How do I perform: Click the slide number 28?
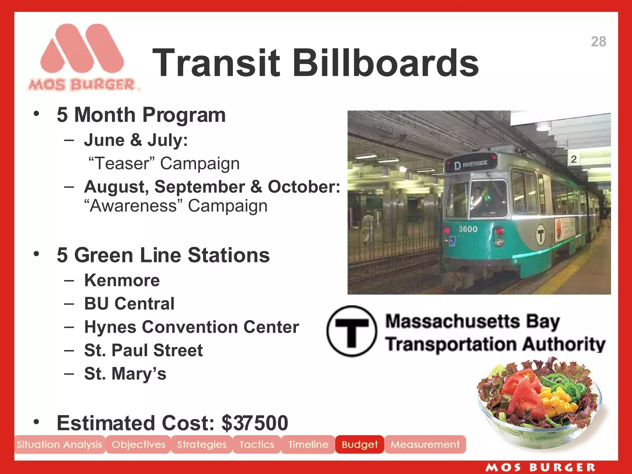598,42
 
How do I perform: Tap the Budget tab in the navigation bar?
360,444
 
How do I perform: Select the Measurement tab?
425,444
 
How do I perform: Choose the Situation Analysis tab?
59,444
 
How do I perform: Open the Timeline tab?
308,444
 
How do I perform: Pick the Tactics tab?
256,444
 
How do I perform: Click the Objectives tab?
138,444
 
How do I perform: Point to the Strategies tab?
202,444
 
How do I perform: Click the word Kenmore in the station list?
122,280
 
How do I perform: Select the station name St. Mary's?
125,373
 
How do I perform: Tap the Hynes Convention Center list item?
191,327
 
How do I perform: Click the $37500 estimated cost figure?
255,423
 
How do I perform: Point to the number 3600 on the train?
468,229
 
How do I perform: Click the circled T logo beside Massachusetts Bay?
351,331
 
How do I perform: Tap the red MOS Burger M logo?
82,49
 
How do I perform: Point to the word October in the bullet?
304,187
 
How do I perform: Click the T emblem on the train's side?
540,235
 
